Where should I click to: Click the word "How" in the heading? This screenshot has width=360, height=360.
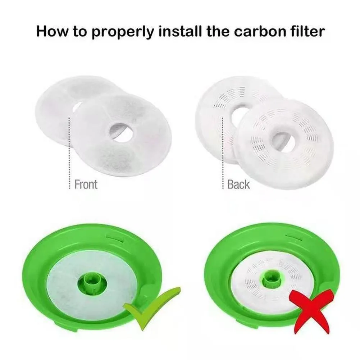pyautogui.click(x=52, y=31)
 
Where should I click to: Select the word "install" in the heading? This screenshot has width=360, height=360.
pyautogui.click(x=179, y=31)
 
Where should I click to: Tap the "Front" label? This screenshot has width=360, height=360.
pyautogui.click(x=86, y=184)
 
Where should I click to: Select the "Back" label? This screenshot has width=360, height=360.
pyautogui.click(x=238, y=184)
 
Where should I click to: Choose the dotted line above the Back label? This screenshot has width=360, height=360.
pyautogui.click(x=222, y=153)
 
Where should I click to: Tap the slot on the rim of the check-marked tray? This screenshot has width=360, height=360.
pyautogui.click(x=115, y=237)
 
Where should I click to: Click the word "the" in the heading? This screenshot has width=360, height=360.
pyautogui.click(x=218, y=31)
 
